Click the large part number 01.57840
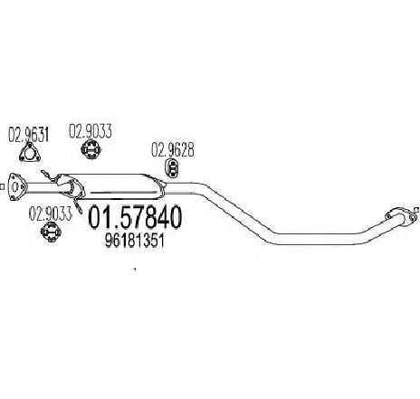click(x=135, y=217)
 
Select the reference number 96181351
click(x=135, y=241)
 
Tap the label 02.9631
click(x=28, y=135)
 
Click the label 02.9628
click(x=172, y=150)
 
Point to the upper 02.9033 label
click(x=91, y=131)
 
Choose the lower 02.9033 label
click(x=51, y=214)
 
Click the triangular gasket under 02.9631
click(x=29, y=153)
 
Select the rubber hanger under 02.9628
click(x=172, y=168)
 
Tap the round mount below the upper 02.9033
click(x=91, y=149)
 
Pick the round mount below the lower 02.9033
click(x=51, y=232)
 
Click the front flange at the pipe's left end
click(x=15, y=186)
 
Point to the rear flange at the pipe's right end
click(x=400, y=216)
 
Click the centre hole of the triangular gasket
click(x=29, y=154)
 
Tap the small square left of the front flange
click(x=2, y=187)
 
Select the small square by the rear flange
click(x=417, y=209)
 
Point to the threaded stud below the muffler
click(x=78, y=205)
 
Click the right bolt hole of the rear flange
click(x=411, y=217)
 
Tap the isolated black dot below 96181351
click(x=135, y=269)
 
